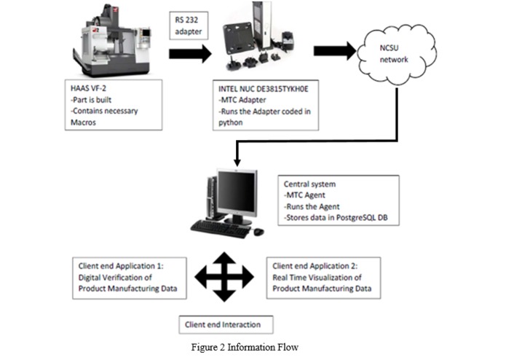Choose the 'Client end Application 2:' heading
[x=320, y=265]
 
